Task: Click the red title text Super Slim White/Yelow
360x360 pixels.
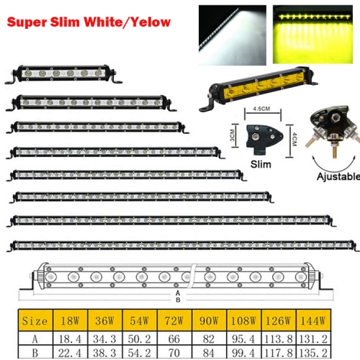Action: click(89, 22)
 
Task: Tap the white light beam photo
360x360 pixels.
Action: click(233, 35)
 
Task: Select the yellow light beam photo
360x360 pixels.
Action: click(312, 35)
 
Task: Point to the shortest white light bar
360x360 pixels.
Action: click(63, 73)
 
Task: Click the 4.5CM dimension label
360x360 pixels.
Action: click(261, 109)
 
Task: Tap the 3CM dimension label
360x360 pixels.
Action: click(232, 135)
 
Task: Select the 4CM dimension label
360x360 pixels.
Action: click(294, 140)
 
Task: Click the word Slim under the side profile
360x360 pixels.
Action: click(261, 164)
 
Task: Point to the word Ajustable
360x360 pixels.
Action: click(338, 176)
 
